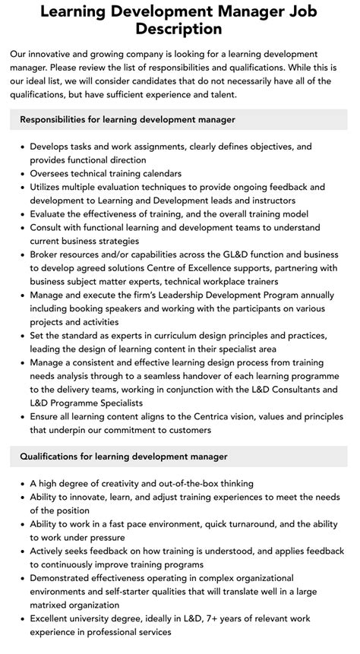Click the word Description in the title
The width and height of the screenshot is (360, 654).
(180, 29)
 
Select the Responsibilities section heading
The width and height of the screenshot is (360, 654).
(128, 119)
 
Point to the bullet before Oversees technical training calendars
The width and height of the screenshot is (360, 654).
(22, 173)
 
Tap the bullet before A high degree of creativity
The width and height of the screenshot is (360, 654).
(22, 483)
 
